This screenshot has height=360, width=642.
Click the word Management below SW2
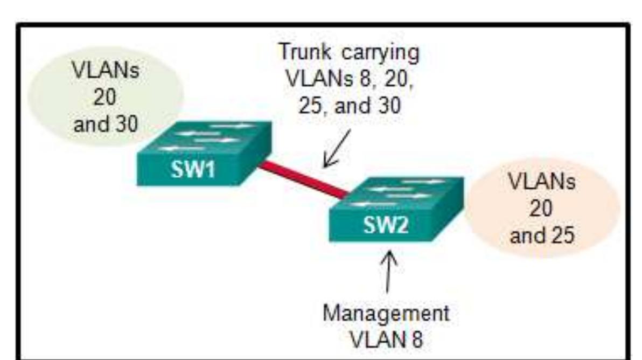tap(386, 313)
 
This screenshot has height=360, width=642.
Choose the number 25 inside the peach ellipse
tap(558, 235)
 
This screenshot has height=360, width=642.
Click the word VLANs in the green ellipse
tap(103, 73)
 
